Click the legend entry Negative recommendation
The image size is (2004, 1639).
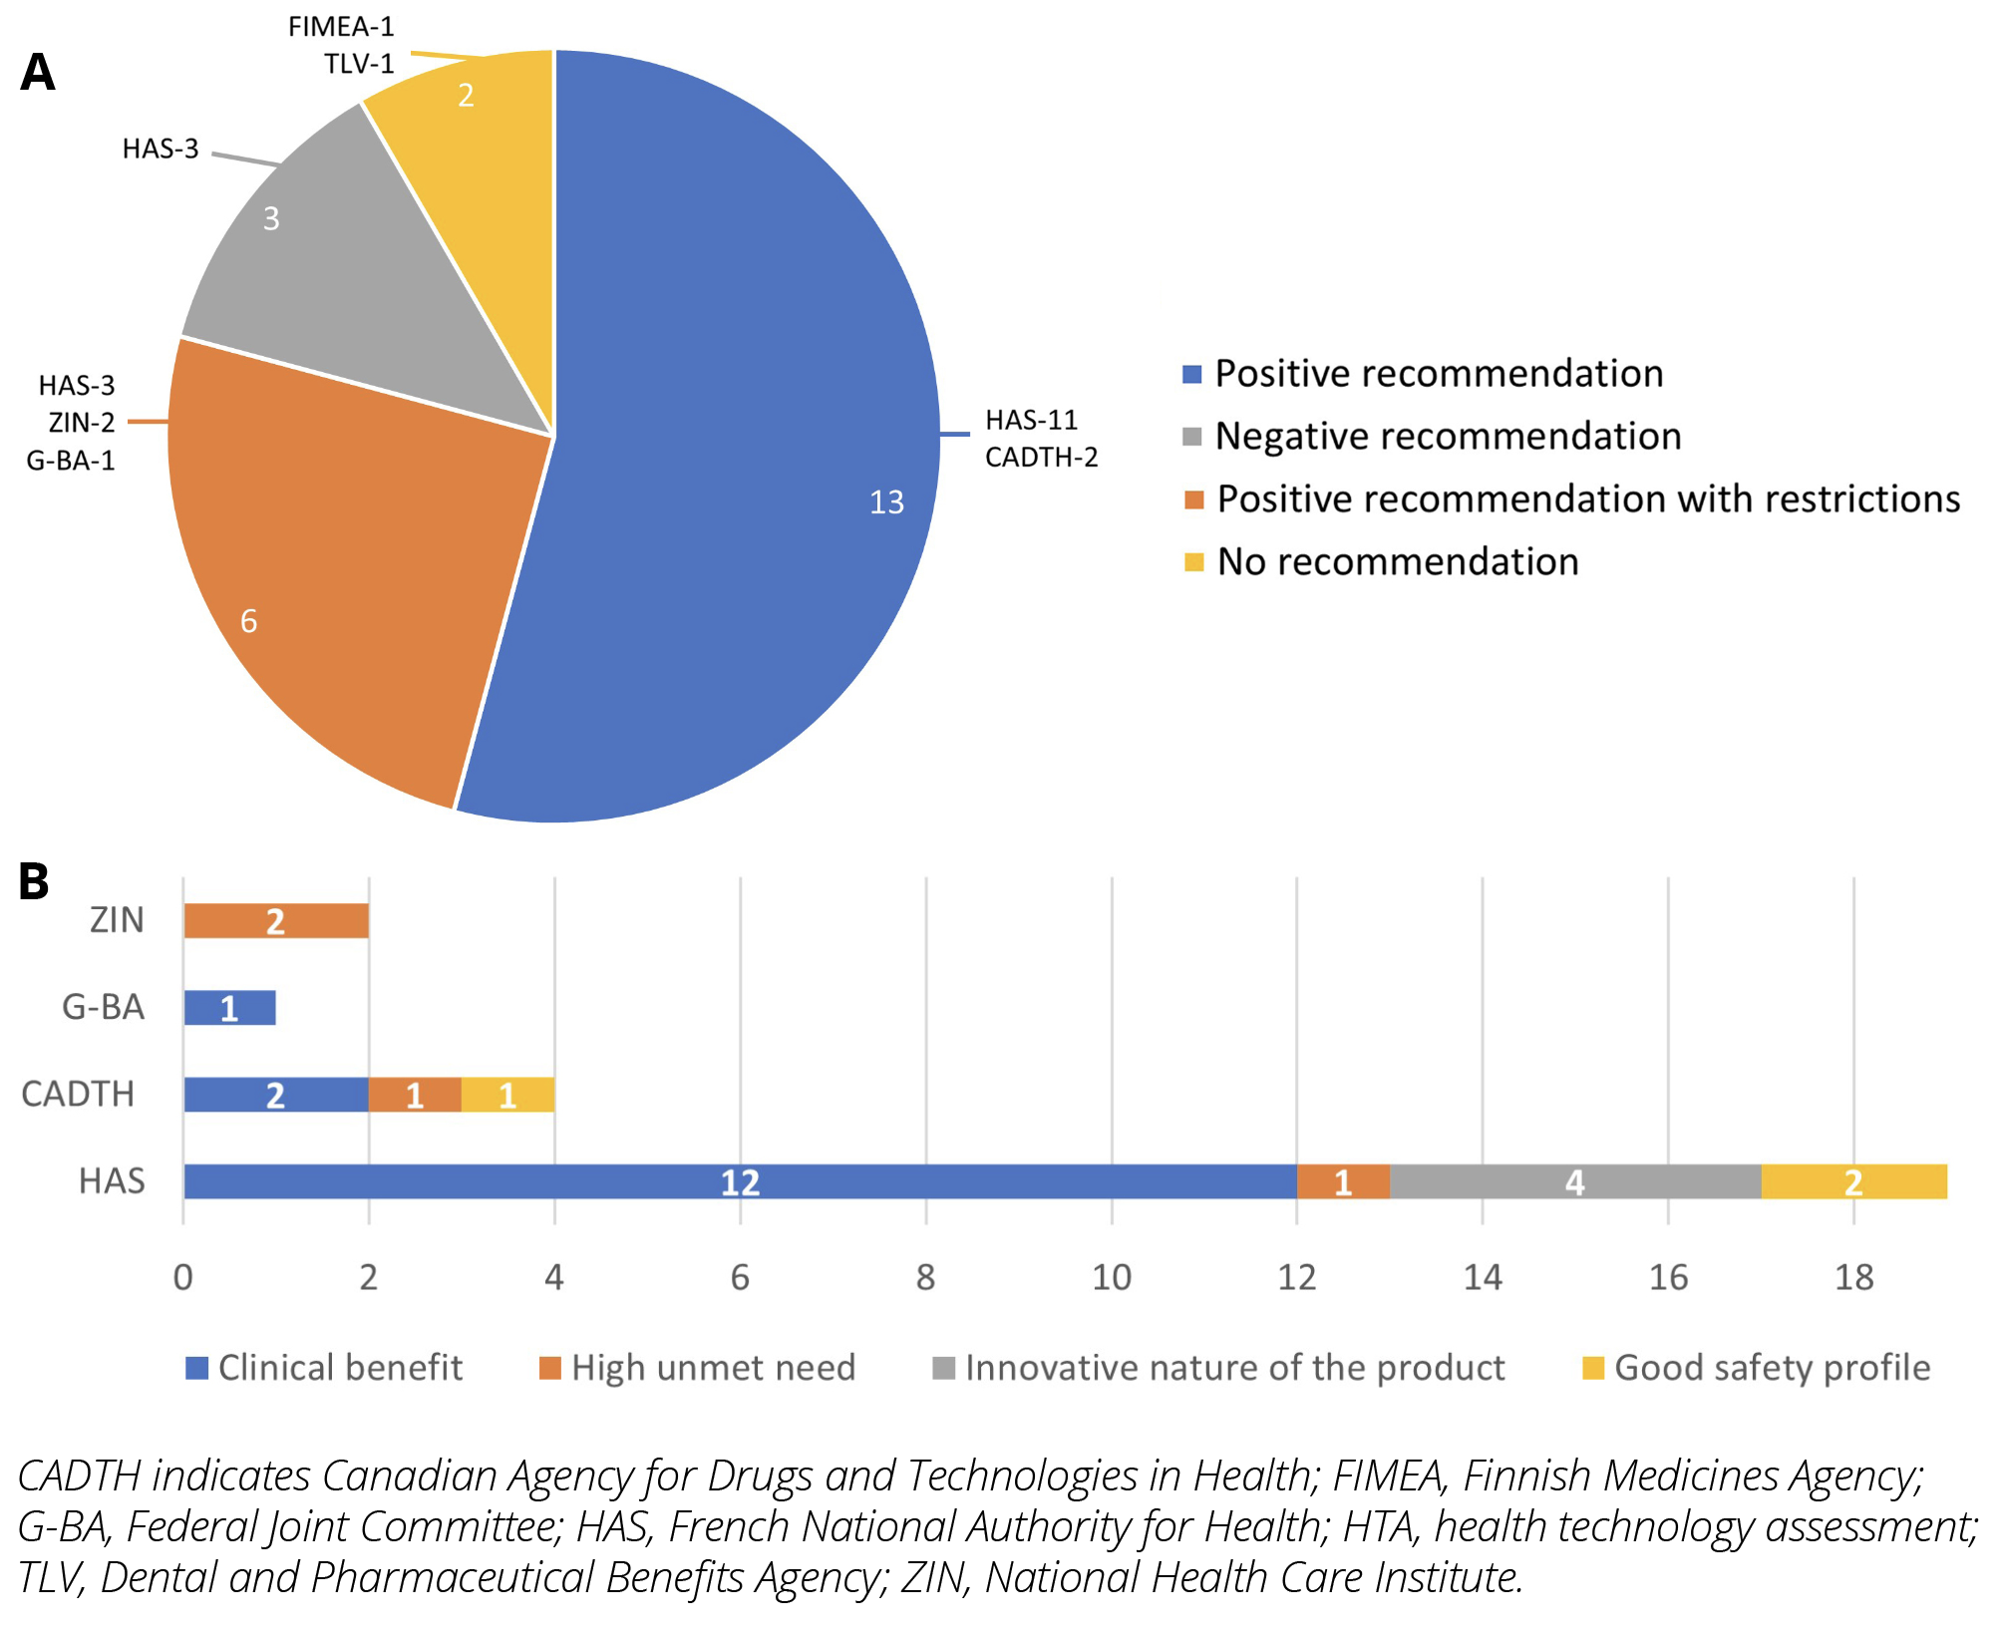[x=1447, y=437]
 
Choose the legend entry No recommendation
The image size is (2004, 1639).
[x=1397, y=562]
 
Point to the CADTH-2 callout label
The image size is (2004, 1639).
[x=1041, y=458]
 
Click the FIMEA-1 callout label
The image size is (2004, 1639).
[x=341, y=27]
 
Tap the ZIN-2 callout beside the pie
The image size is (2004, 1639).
[x=82, y=423]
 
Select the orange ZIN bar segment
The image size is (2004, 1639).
[x=276, y=921]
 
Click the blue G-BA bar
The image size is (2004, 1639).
[x=229, y=1008]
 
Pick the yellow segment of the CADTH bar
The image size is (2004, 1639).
[x=507, y=1095]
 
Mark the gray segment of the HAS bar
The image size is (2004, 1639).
[x=1574, y=1181]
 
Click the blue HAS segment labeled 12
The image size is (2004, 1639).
[x=740, y=1181]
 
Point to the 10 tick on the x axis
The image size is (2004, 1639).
[x=1111, y=1277]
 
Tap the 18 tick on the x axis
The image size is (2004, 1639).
[x=1853, y=1277]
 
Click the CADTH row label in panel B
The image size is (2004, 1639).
[x=78, y=1095]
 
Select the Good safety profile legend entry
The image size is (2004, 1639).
[x=1771, y=1368]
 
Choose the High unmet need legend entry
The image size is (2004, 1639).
[x=712, y=1368]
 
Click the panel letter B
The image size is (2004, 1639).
[x=34, y=881]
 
